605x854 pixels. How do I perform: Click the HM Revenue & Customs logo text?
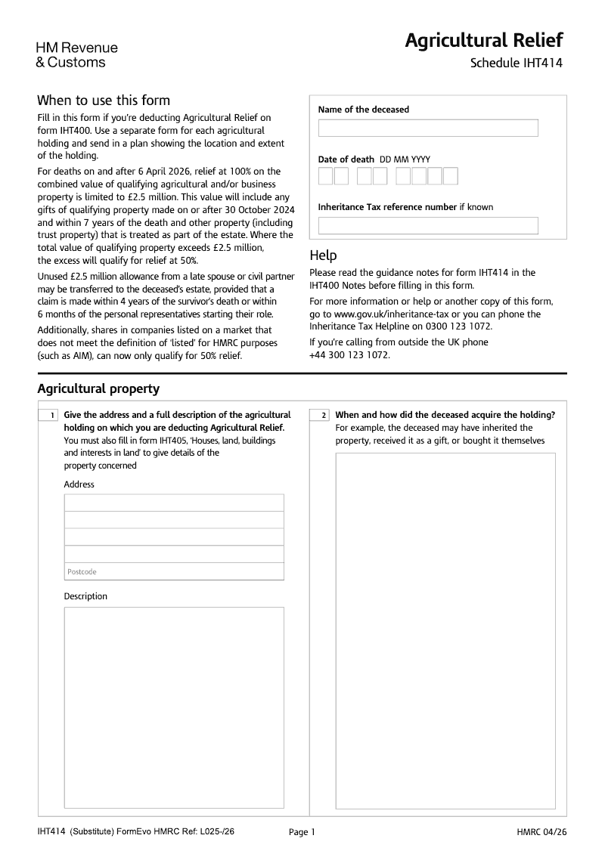pos(76,55)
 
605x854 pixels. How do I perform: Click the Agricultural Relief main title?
pos(483,40)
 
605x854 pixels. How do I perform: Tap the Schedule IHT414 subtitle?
pos(516,63)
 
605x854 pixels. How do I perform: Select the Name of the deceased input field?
pos(427,128)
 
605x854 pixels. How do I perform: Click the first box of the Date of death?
pos(325,176)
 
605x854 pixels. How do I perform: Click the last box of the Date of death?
pos(451,176)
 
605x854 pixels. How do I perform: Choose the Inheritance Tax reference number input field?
pos(427,225)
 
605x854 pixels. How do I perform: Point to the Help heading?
pos(323,255)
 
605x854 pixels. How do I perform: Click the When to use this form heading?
pos(104,101)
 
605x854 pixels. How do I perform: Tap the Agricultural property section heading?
pos(98,388)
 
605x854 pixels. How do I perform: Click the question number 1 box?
pos(48,416)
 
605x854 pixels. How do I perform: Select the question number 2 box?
pos(320,416)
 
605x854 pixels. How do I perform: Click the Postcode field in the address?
pos(174,571)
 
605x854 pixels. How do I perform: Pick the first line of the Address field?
pos(174,503)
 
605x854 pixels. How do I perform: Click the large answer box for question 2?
pos(445,627)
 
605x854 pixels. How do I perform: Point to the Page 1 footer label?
pos(302,832)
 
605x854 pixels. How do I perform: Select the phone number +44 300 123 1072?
pos(350,355)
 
